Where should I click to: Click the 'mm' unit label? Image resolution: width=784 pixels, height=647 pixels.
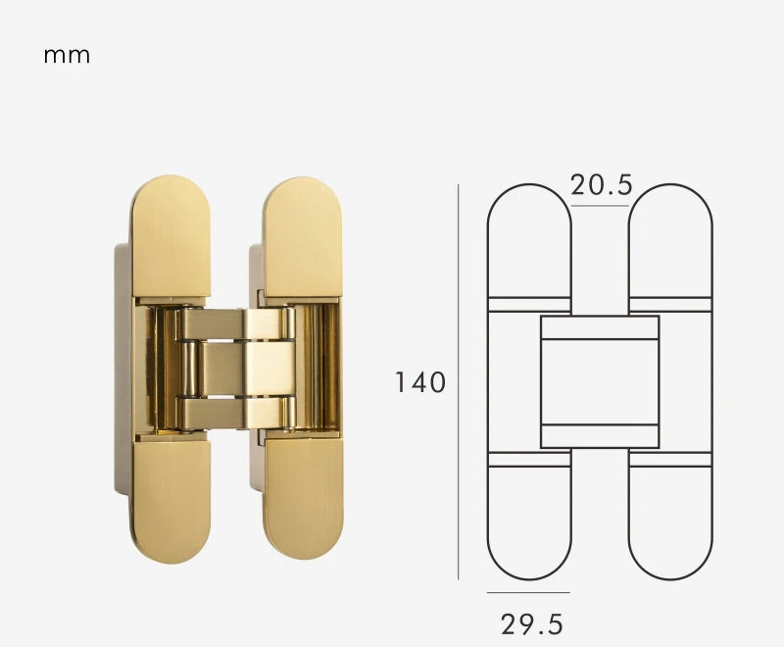coord(67,56)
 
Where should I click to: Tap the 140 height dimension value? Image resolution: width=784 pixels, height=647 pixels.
coord(420,381)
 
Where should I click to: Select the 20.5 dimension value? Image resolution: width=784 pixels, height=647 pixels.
coord(601,184)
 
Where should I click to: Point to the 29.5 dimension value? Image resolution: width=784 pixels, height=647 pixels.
coord(532,623)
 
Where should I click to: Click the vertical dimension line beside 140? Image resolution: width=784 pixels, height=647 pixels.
coord(459,381)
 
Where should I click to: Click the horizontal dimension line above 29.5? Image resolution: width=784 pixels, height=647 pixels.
coord(528,592)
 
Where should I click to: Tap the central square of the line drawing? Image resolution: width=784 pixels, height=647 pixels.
coord(600,381)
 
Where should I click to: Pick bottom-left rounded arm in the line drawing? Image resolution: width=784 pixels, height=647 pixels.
coord(529,520)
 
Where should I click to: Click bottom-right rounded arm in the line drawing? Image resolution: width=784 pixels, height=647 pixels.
coord(670,520)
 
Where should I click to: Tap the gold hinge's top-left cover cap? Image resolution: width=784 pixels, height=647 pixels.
coord(171,235)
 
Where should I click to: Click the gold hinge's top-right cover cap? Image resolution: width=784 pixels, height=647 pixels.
coord(302,235)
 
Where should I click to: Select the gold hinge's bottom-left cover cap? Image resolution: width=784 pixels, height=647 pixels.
coord(171,500)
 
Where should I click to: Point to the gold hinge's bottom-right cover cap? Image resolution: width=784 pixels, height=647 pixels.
coord(303,500)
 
